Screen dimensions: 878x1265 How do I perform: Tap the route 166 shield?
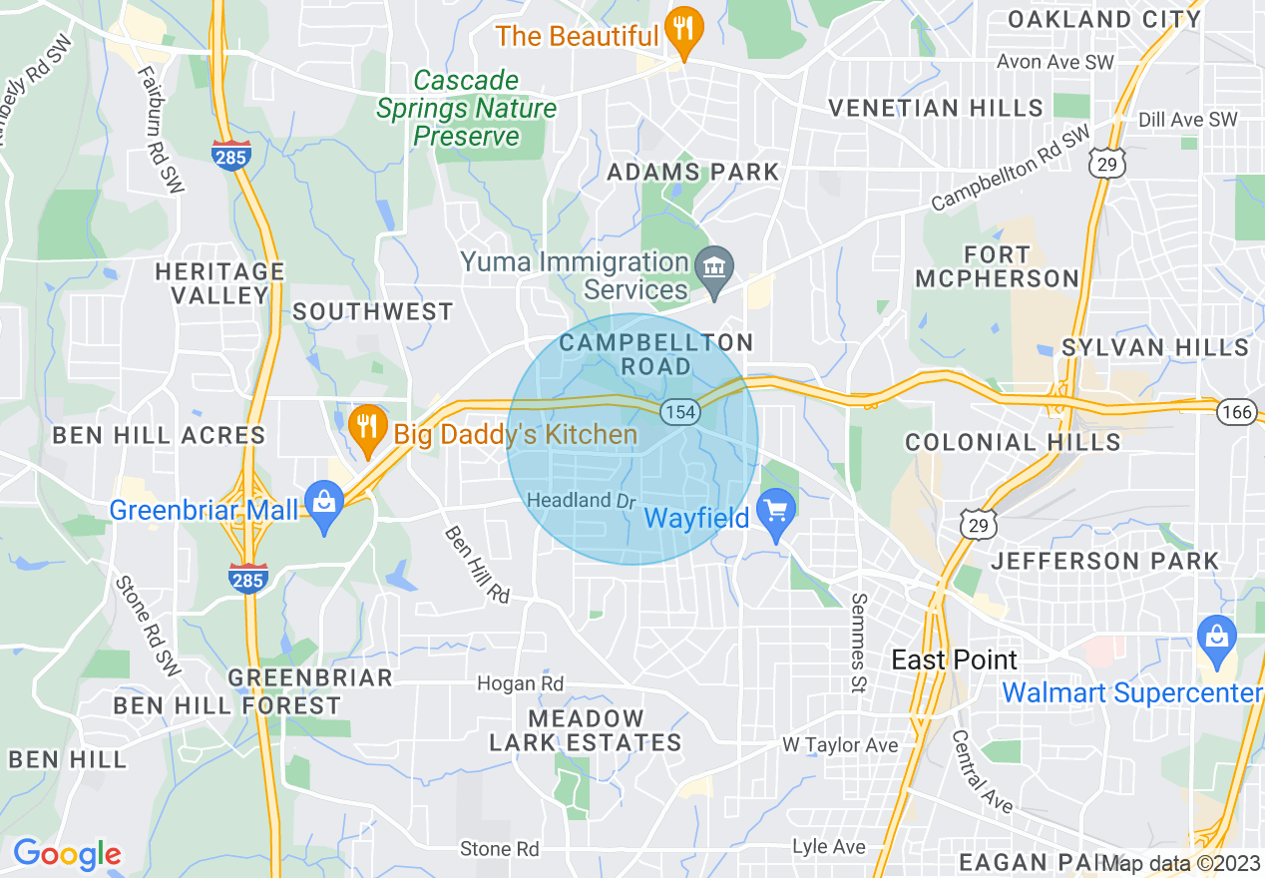[x=1237, y=410]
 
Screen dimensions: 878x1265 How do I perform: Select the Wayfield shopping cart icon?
[x=776, y=514]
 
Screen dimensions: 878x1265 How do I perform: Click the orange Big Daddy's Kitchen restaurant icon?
[x=368, y=428]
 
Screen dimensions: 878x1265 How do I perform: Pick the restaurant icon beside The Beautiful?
[x=683, y=30]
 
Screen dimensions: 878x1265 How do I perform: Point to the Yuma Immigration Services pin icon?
[x=714, y=268]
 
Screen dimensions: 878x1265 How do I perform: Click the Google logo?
[x=67, y=854]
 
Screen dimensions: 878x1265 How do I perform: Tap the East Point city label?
[x=954, y=659]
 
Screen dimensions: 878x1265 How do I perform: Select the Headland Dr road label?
[x=581, y=500]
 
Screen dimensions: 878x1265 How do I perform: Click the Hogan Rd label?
[x=520, y=683]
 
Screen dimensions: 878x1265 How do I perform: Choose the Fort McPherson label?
[x=997, y=266]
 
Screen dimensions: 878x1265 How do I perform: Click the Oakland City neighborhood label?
[x=1103, y=19]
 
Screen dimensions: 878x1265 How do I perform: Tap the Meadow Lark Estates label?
[x=585, y=730]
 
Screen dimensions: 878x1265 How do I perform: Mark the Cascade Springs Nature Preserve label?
[x=466, y=108]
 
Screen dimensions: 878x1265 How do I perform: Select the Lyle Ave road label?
[x=828, y=846]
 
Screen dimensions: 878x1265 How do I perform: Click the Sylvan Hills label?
[x=1154, y=347]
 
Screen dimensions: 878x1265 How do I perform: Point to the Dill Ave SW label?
[x=1187, y=120]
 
